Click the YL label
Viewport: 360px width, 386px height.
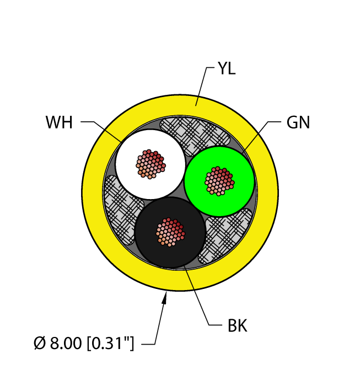coord(227,68)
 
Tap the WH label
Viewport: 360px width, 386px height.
coord(59,122)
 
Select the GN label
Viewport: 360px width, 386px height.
coord(298,122)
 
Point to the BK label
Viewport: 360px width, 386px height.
coord(237,325)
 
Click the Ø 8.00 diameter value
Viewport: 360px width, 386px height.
coord(57,343)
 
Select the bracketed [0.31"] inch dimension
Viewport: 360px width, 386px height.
coord(110,343)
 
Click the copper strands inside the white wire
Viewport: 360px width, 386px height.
coord(151,164)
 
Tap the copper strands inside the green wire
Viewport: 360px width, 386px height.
coord(219,181)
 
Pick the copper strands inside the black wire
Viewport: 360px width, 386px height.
coord(170,232)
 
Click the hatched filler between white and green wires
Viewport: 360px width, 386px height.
coord(195,136)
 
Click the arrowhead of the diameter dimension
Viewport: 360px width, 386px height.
coord(165,297)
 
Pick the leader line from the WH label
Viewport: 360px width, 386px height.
coord(101,132)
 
